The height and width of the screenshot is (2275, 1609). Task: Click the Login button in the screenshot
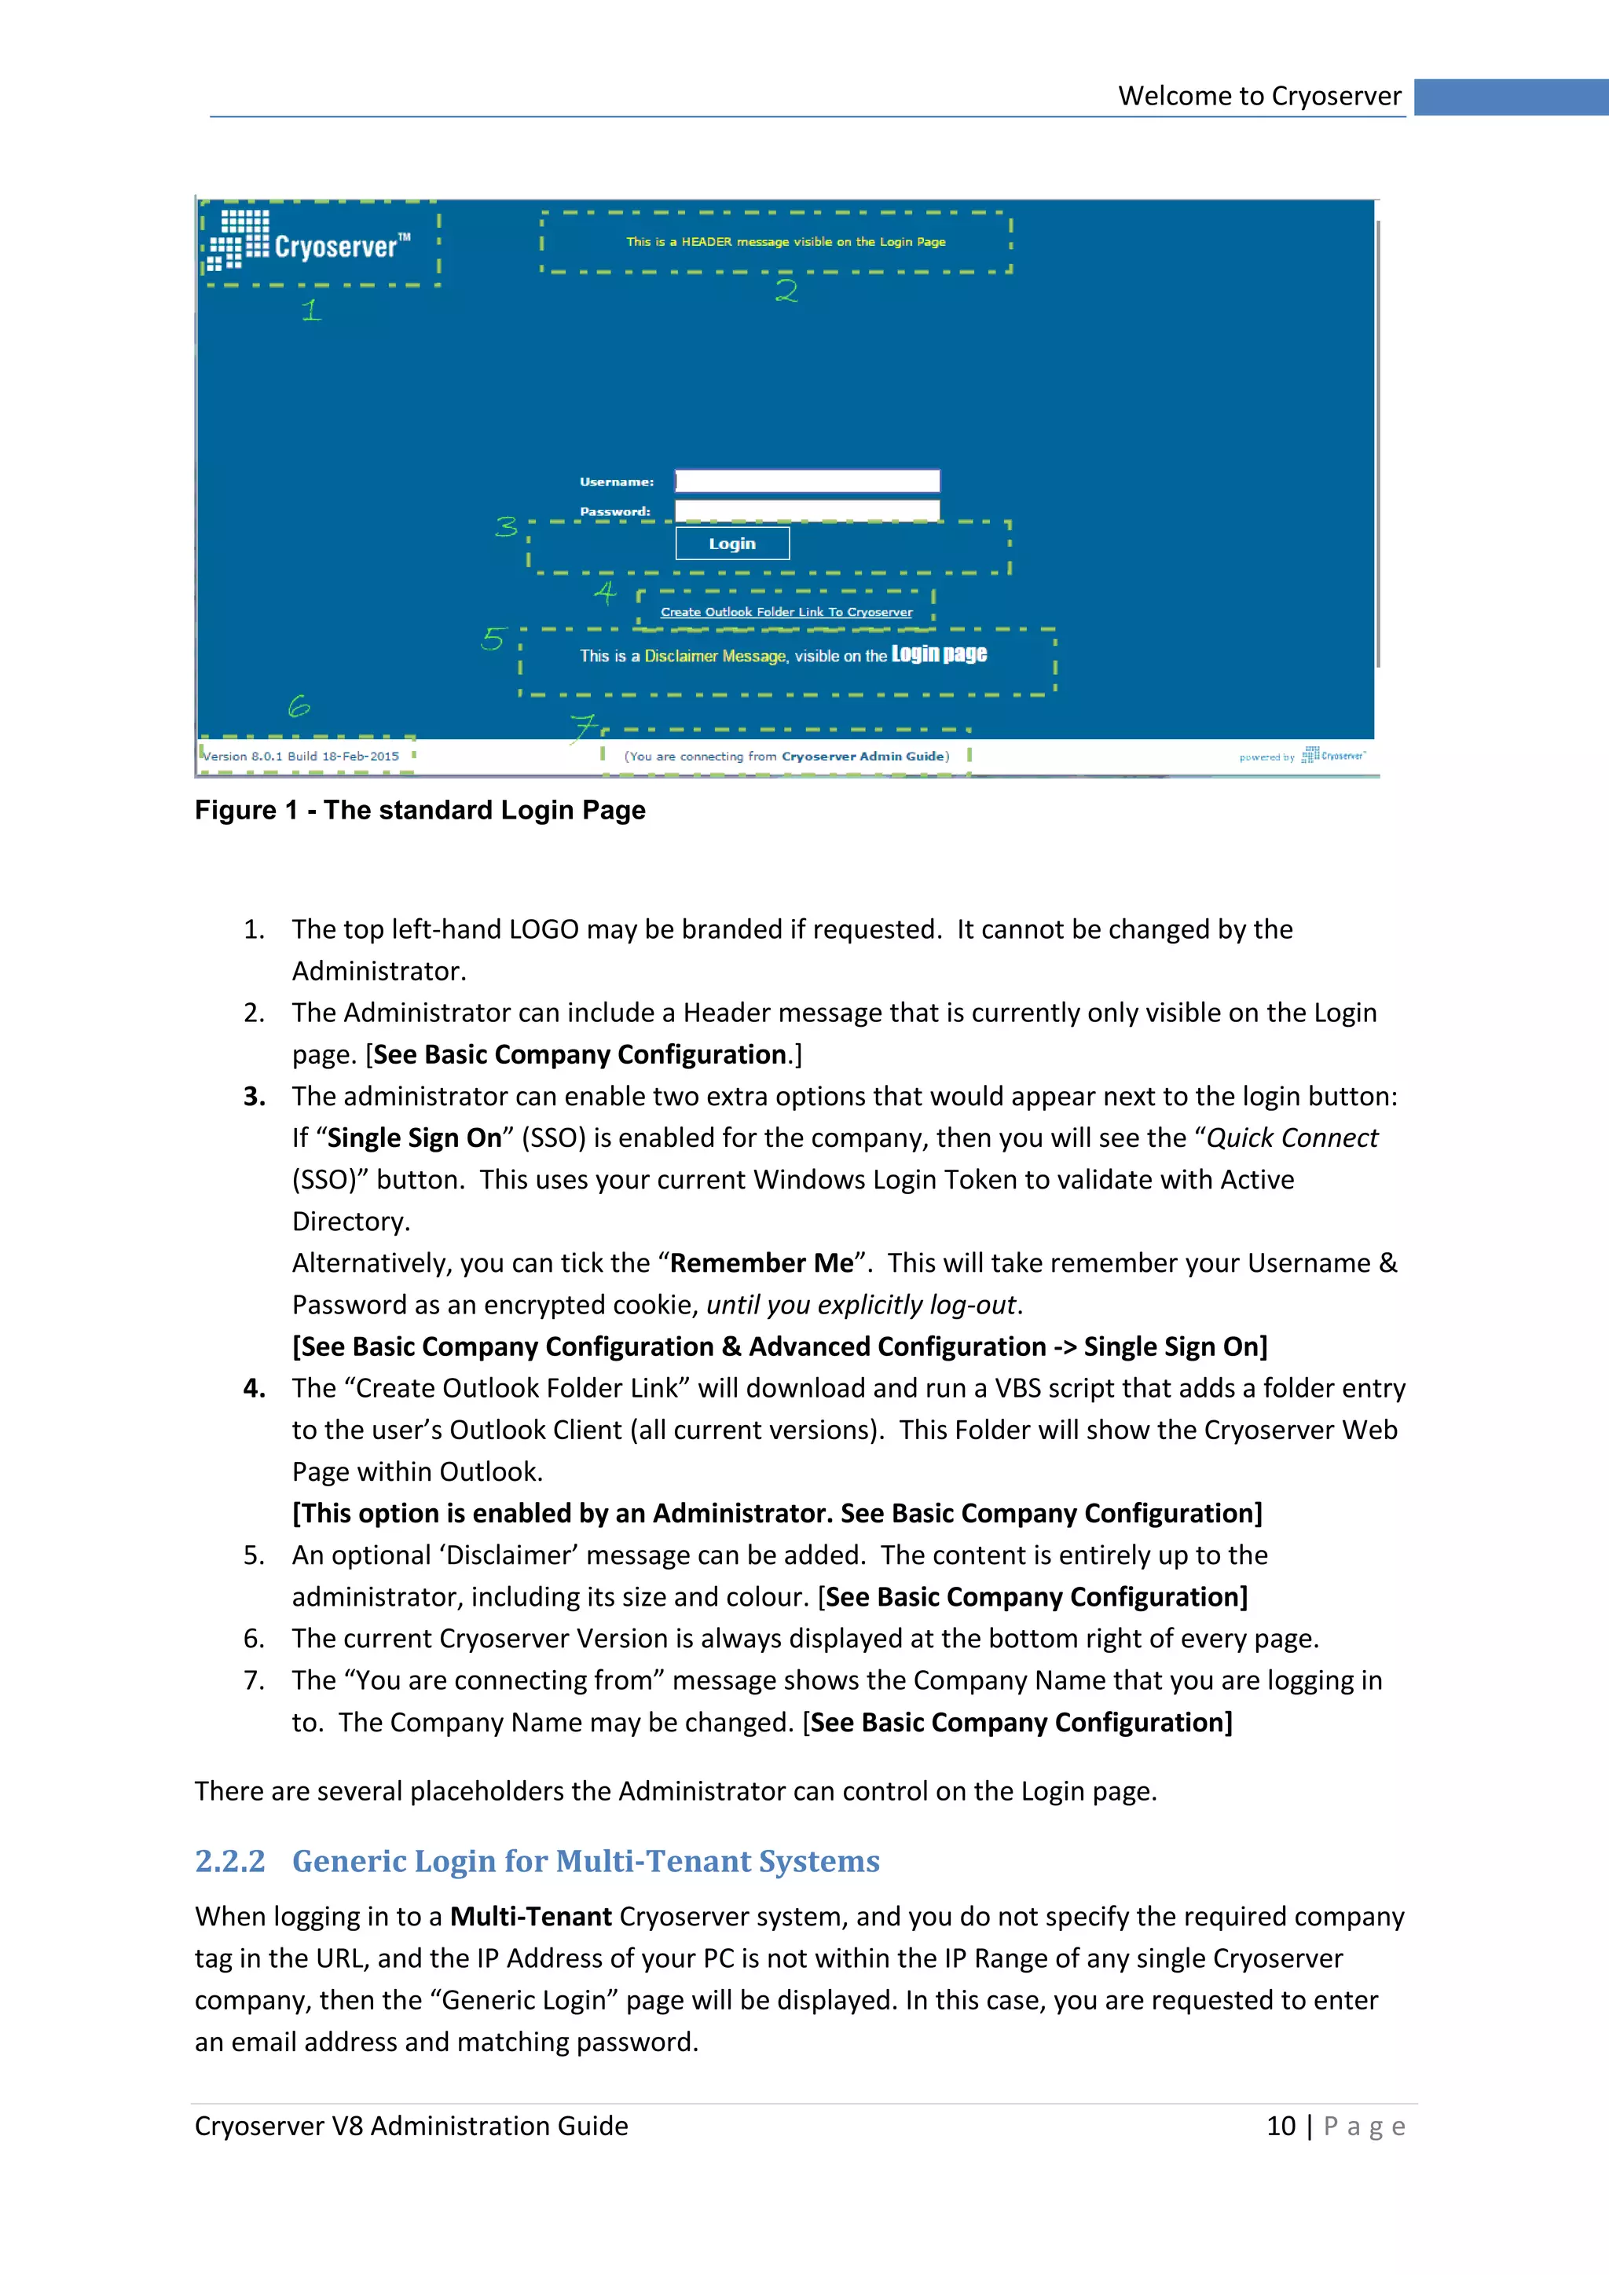(x=732, y=543)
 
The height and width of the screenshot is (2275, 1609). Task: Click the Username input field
(x=807, y=482)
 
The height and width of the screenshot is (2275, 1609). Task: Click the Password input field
(x=807, y=511)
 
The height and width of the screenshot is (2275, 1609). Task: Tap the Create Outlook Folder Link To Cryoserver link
(x=786, y=612)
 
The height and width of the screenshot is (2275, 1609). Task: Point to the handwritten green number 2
(x=786, y=291)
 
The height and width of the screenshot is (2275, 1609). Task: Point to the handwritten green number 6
(x=299, y=705)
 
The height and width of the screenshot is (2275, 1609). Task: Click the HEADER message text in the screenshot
(x=786, y=242)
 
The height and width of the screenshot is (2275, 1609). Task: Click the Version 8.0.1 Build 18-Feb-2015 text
(x=301, y=756)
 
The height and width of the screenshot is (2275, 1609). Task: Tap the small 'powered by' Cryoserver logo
(x=1332, y=755)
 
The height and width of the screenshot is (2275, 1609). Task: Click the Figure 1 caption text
(x=420, y=811)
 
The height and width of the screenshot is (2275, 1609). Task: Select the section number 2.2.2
(x=230, y=1861)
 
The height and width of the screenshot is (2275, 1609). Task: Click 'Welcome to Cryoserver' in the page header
(x=1259, y=96)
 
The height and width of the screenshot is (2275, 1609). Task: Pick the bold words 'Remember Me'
(x=761, y=1263)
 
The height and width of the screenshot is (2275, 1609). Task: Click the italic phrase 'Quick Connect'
(x=1291, y=1138)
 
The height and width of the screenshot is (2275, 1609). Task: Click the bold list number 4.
(x=254, y=1388)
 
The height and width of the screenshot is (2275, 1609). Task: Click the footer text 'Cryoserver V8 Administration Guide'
(x=411, y=2127)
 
